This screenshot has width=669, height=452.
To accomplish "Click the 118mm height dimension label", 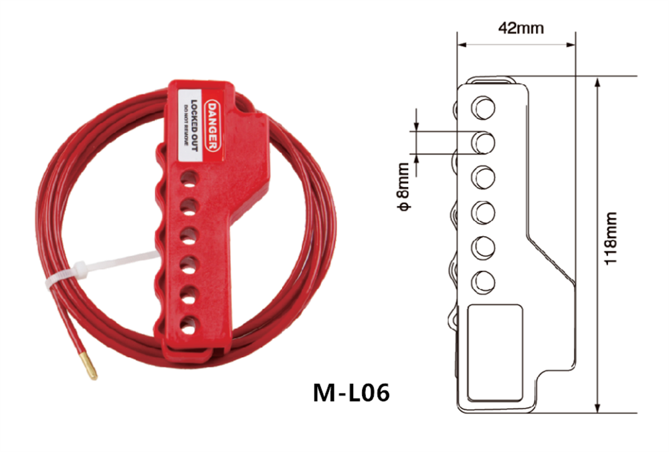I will point(611,239).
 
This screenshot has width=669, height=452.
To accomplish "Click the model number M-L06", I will point(351,393).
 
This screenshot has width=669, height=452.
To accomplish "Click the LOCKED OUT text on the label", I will point(195,127).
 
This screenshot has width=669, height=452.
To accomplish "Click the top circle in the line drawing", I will point(483,106).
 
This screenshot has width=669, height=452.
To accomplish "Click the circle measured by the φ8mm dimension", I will point(483,141).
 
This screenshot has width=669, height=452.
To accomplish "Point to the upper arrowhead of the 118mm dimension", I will point(598,80).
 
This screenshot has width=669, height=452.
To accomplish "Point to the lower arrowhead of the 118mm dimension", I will point(598,409).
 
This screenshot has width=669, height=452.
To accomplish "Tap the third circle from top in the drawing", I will point(483,177).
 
